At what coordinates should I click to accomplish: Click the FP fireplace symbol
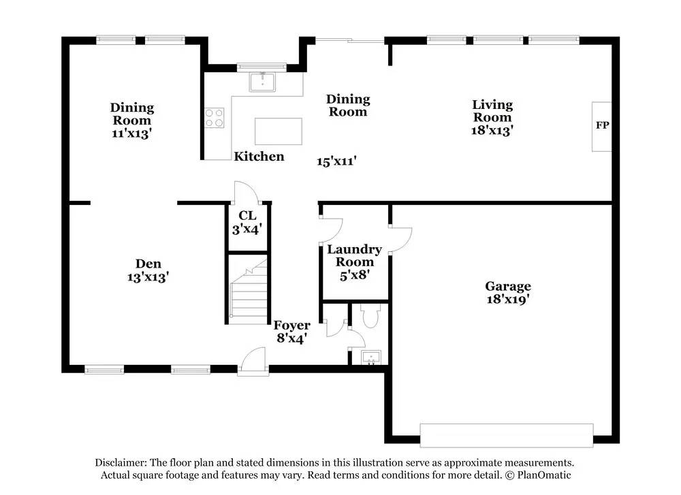click(x=601, y=126)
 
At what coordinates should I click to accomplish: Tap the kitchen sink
click(x=262, y=82)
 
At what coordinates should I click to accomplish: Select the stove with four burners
click(x=215, y=118)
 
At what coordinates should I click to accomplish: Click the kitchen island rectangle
click(x=278, y=131)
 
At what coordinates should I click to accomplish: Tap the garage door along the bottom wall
click(x=506, y=436)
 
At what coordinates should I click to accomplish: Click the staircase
click(x=248, y=291)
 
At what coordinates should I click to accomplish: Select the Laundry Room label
click(x=354, y=255)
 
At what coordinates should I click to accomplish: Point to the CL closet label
click(x=247, y=216)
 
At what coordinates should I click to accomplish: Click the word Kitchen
click(x=259, y=157)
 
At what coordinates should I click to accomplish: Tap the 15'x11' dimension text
click(x=337, y=161)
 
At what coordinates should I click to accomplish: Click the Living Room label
click(x=492, y=111)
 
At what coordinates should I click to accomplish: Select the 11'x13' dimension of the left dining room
click(x=132, y=133)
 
